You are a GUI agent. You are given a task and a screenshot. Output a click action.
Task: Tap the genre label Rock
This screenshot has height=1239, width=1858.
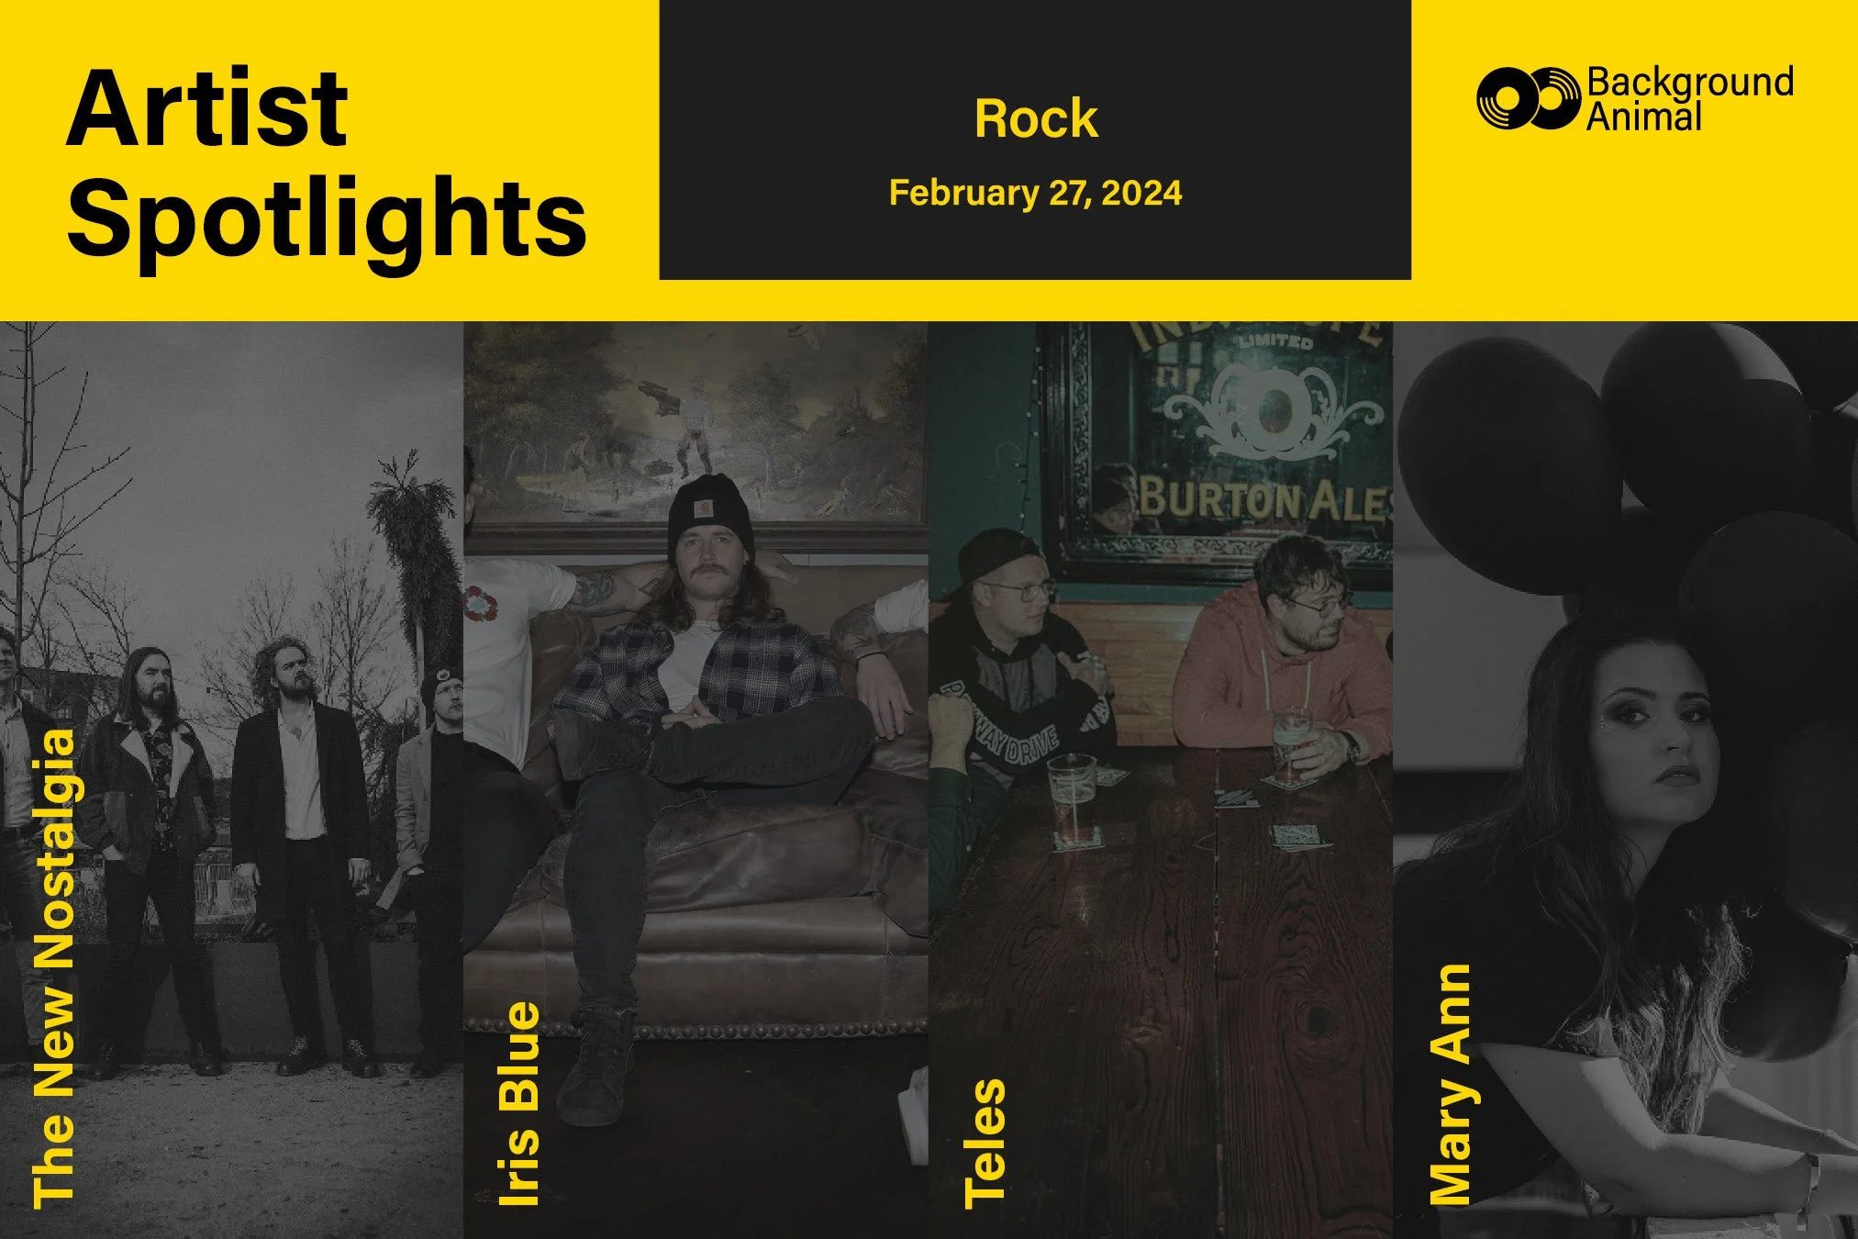point(1036,118)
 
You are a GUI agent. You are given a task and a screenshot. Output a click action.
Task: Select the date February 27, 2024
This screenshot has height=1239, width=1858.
point(1036,193)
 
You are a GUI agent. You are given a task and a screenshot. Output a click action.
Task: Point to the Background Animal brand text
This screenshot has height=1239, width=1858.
point(1689,99)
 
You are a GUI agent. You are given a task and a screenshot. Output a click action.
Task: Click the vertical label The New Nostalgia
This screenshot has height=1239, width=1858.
point(53,968)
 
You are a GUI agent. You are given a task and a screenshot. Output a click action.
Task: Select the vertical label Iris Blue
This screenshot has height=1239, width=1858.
point(518,1104)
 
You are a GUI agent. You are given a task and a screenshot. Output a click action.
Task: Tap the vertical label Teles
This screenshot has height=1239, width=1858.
point(985,1143)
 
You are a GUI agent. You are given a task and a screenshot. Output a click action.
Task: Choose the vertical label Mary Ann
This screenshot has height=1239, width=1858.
point(1451,1084)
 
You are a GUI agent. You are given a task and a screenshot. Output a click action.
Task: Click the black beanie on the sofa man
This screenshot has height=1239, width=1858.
point(710,514)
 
